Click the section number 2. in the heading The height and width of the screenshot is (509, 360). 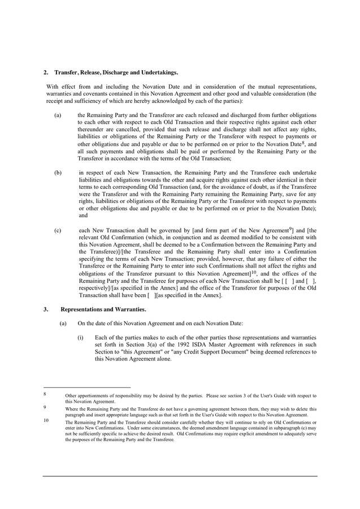[x=45, y=72]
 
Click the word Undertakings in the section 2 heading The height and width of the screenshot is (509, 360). [x=159, y=72]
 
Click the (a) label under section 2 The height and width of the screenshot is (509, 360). [x=58, y=115]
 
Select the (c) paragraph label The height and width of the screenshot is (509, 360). [x=58, y=230]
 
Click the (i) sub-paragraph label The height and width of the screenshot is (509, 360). [x=81, y=338]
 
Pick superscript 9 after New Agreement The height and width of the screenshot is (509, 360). [x=290, y=228]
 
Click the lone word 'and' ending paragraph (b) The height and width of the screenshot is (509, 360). [x=83, y=215]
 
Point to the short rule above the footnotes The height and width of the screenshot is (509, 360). [x=86, y=387]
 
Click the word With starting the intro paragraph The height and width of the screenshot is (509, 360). [x=53, y=87]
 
